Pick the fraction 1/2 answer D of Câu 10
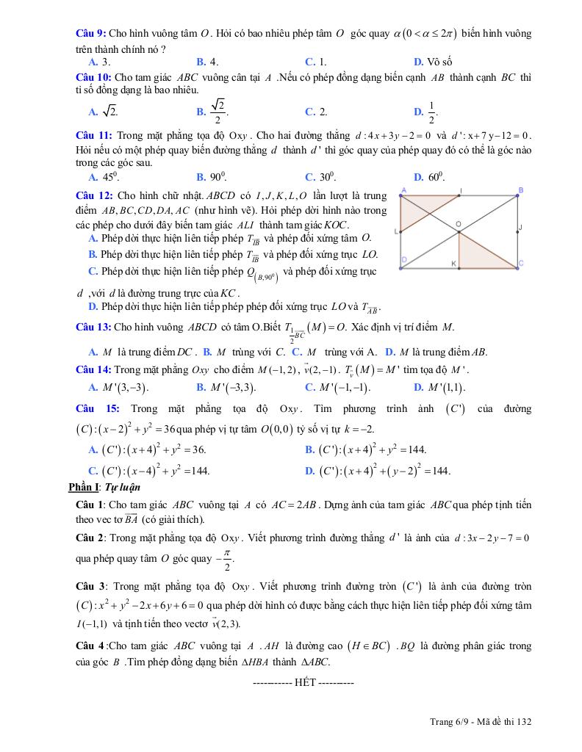427,112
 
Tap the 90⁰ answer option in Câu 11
212,177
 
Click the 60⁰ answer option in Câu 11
429,177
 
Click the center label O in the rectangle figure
458,223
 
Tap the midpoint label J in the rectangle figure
520,227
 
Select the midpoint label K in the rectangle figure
453,263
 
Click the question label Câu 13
92,326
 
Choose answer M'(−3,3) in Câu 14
224,387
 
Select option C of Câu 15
147,471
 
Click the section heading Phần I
82,487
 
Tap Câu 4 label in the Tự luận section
90,646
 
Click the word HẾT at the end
303,682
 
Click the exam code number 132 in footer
522,722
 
